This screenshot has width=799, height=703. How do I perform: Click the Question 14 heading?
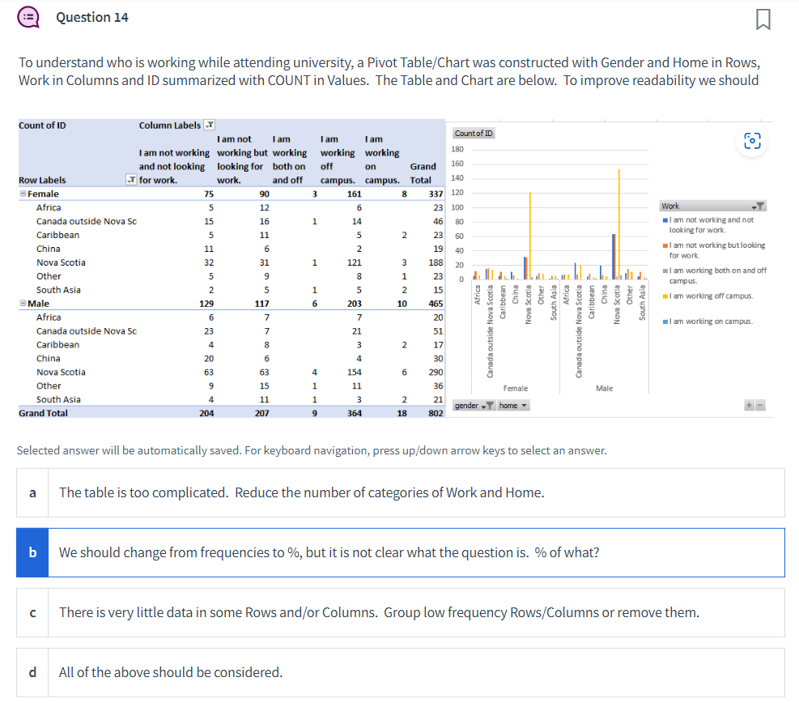[92, 17]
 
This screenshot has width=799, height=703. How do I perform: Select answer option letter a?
[32, 492]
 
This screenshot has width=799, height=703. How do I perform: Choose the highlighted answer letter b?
[32, 552]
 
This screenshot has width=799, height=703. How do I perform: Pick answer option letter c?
[32, 612]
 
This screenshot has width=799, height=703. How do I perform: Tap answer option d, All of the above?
[32, 672]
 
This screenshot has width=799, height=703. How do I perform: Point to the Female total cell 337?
[436, 194]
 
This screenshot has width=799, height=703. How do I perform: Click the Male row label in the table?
[39, 304]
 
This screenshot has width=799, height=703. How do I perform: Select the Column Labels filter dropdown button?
[209, 126]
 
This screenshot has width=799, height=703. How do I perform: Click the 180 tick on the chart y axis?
[458, 150]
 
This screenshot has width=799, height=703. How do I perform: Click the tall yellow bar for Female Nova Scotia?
[530, 235]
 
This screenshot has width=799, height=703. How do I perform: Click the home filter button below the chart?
[513, 405]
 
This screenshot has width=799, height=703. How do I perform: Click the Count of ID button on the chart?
[474, 134]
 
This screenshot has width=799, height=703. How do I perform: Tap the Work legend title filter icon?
[759, 206]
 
